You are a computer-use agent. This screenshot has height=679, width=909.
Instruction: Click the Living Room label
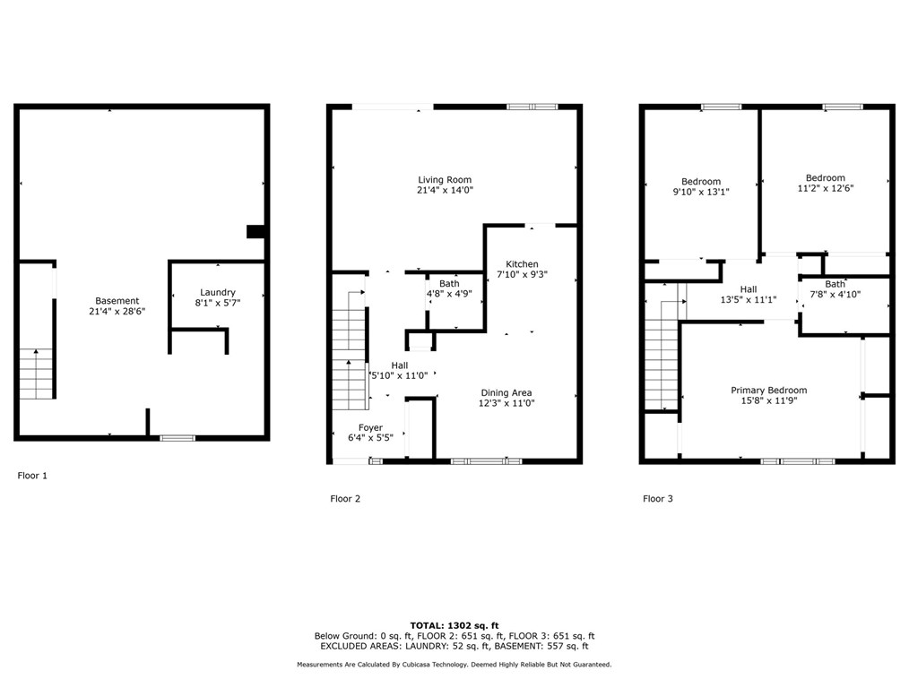coord(444,180)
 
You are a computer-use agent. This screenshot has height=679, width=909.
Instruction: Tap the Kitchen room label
coord(522,264)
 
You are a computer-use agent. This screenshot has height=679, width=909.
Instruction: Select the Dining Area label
coord(506,393)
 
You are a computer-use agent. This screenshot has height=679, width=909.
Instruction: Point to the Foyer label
coord(370,428)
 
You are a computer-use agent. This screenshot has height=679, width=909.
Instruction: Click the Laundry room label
coord(218,292)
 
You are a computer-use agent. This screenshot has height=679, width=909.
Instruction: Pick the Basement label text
coord(117,301)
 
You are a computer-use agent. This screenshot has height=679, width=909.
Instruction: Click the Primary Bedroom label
coord(768,391)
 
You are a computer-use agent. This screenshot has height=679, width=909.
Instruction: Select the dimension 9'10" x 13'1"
coord(700,192)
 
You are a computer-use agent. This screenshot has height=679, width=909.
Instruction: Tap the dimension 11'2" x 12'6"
coord(825,188)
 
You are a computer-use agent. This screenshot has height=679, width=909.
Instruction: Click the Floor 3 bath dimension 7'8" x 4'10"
coord(835,294)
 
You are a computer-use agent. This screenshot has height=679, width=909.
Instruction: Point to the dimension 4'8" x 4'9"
coord(449,294)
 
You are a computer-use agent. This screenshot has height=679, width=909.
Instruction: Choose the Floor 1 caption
coord(32,476)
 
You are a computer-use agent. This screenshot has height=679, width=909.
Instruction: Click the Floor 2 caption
coord(345,499)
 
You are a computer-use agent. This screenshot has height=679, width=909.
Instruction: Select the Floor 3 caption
coord(657,499)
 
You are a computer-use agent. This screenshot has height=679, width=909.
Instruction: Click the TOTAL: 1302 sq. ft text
coord(454,625)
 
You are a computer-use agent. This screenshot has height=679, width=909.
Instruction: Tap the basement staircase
coord(36,374)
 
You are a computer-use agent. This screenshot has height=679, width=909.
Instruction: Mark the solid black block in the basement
coord(255,232)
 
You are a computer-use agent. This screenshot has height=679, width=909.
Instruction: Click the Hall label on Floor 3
coord(748,289)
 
